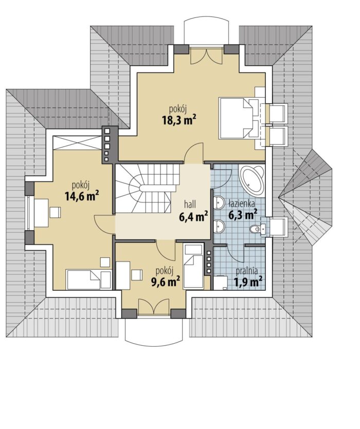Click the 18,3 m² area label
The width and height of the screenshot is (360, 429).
(x=179, y=120)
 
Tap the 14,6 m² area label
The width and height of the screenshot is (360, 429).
(x=82, y=196)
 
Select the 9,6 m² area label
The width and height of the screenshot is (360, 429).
(x=166, y=281)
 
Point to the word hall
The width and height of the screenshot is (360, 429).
(x=190, y=204)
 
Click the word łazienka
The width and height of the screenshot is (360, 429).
(x=241, y=203)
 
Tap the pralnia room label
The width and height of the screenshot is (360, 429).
(x=247, y=271)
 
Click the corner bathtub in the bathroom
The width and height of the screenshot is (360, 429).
(x=251, y=180)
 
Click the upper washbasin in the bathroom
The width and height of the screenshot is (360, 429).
(x=219, y=202)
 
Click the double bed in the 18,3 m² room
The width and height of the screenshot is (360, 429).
(x=242, y=118)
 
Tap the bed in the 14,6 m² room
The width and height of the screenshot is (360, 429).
(x=89, y=279)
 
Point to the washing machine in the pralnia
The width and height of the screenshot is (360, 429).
(x=221, y=283)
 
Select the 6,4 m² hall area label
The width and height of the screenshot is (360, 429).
(x=193, y=217)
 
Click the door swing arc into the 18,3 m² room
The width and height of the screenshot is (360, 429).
(x=194, y=154)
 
